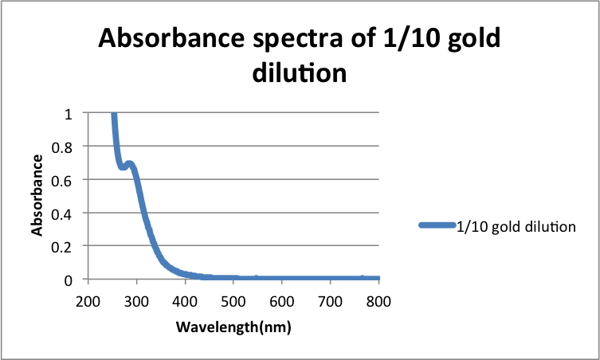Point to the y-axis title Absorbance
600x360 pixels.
coord(37,196)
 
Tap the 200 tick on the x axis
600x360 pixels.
coord(88,301)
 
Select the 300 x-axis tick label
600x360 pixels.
coord(137,301)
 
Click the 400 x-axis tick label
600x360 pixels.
coord(186,301)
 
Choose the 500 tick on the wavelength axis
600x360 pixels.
coord(234,301)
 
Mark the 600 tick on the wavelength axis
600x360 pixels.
coord(283,301)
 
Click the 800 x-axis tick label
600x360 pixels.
coord(379,301)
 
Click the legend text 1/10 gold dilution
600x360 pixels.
coord(516,227)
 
